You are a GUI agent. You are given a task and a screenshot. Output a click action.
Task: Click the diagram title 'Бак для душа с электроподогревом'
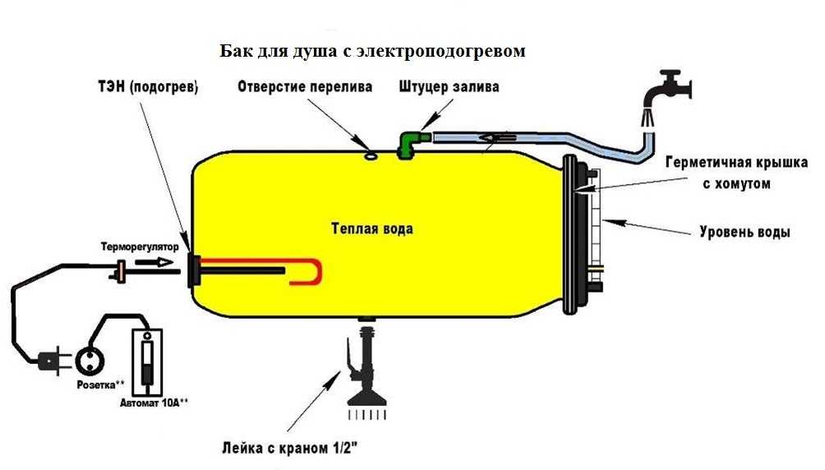point(372,51)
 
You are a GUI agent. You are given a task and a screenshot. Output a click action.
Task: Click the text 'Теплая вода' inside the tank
point(371,229)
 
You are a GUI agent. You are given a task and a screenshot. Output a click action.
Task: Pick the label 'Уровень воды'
point(744,233)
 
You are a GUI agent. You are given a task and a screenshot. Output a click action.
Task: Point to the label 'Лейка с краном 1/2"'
point(300,449)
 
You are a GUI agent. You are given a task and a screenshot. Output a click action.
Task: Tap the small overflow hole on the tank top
point(370,152)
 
